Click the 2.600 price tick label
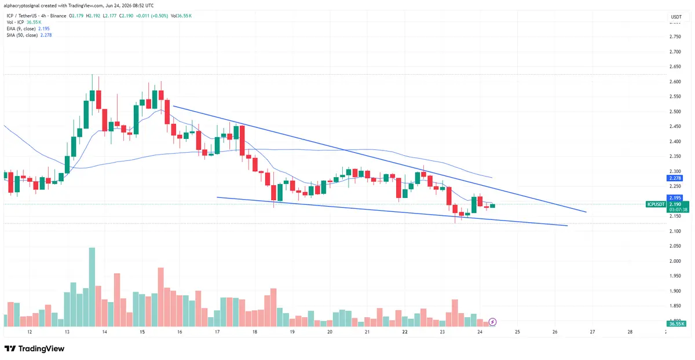pos(675,82)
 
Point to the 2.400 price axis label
pos(675,141)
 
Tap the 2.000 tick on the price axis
pos(675,261)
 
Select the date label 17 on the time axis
pos(217,332)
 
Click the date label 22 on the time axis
pos(405,332)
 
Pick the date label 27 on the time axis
pos(592,332)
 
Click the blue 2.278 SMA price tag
pos(675,178)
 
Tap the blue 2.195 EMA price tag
pos(675,198)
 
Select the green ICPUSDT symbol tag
pos(656,204)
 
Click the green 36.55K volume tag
pos(676,324)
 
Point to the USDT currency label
pos(676,17)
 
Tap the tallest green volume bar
pos(92,287)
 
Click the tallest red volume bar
pos(161,297)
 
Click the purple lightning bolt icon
pos(492,322)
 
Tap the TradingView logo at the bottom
pos(34,348)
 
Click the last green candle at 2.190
pos(492,206)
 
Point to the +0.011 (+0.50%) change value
pos(151,16)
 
